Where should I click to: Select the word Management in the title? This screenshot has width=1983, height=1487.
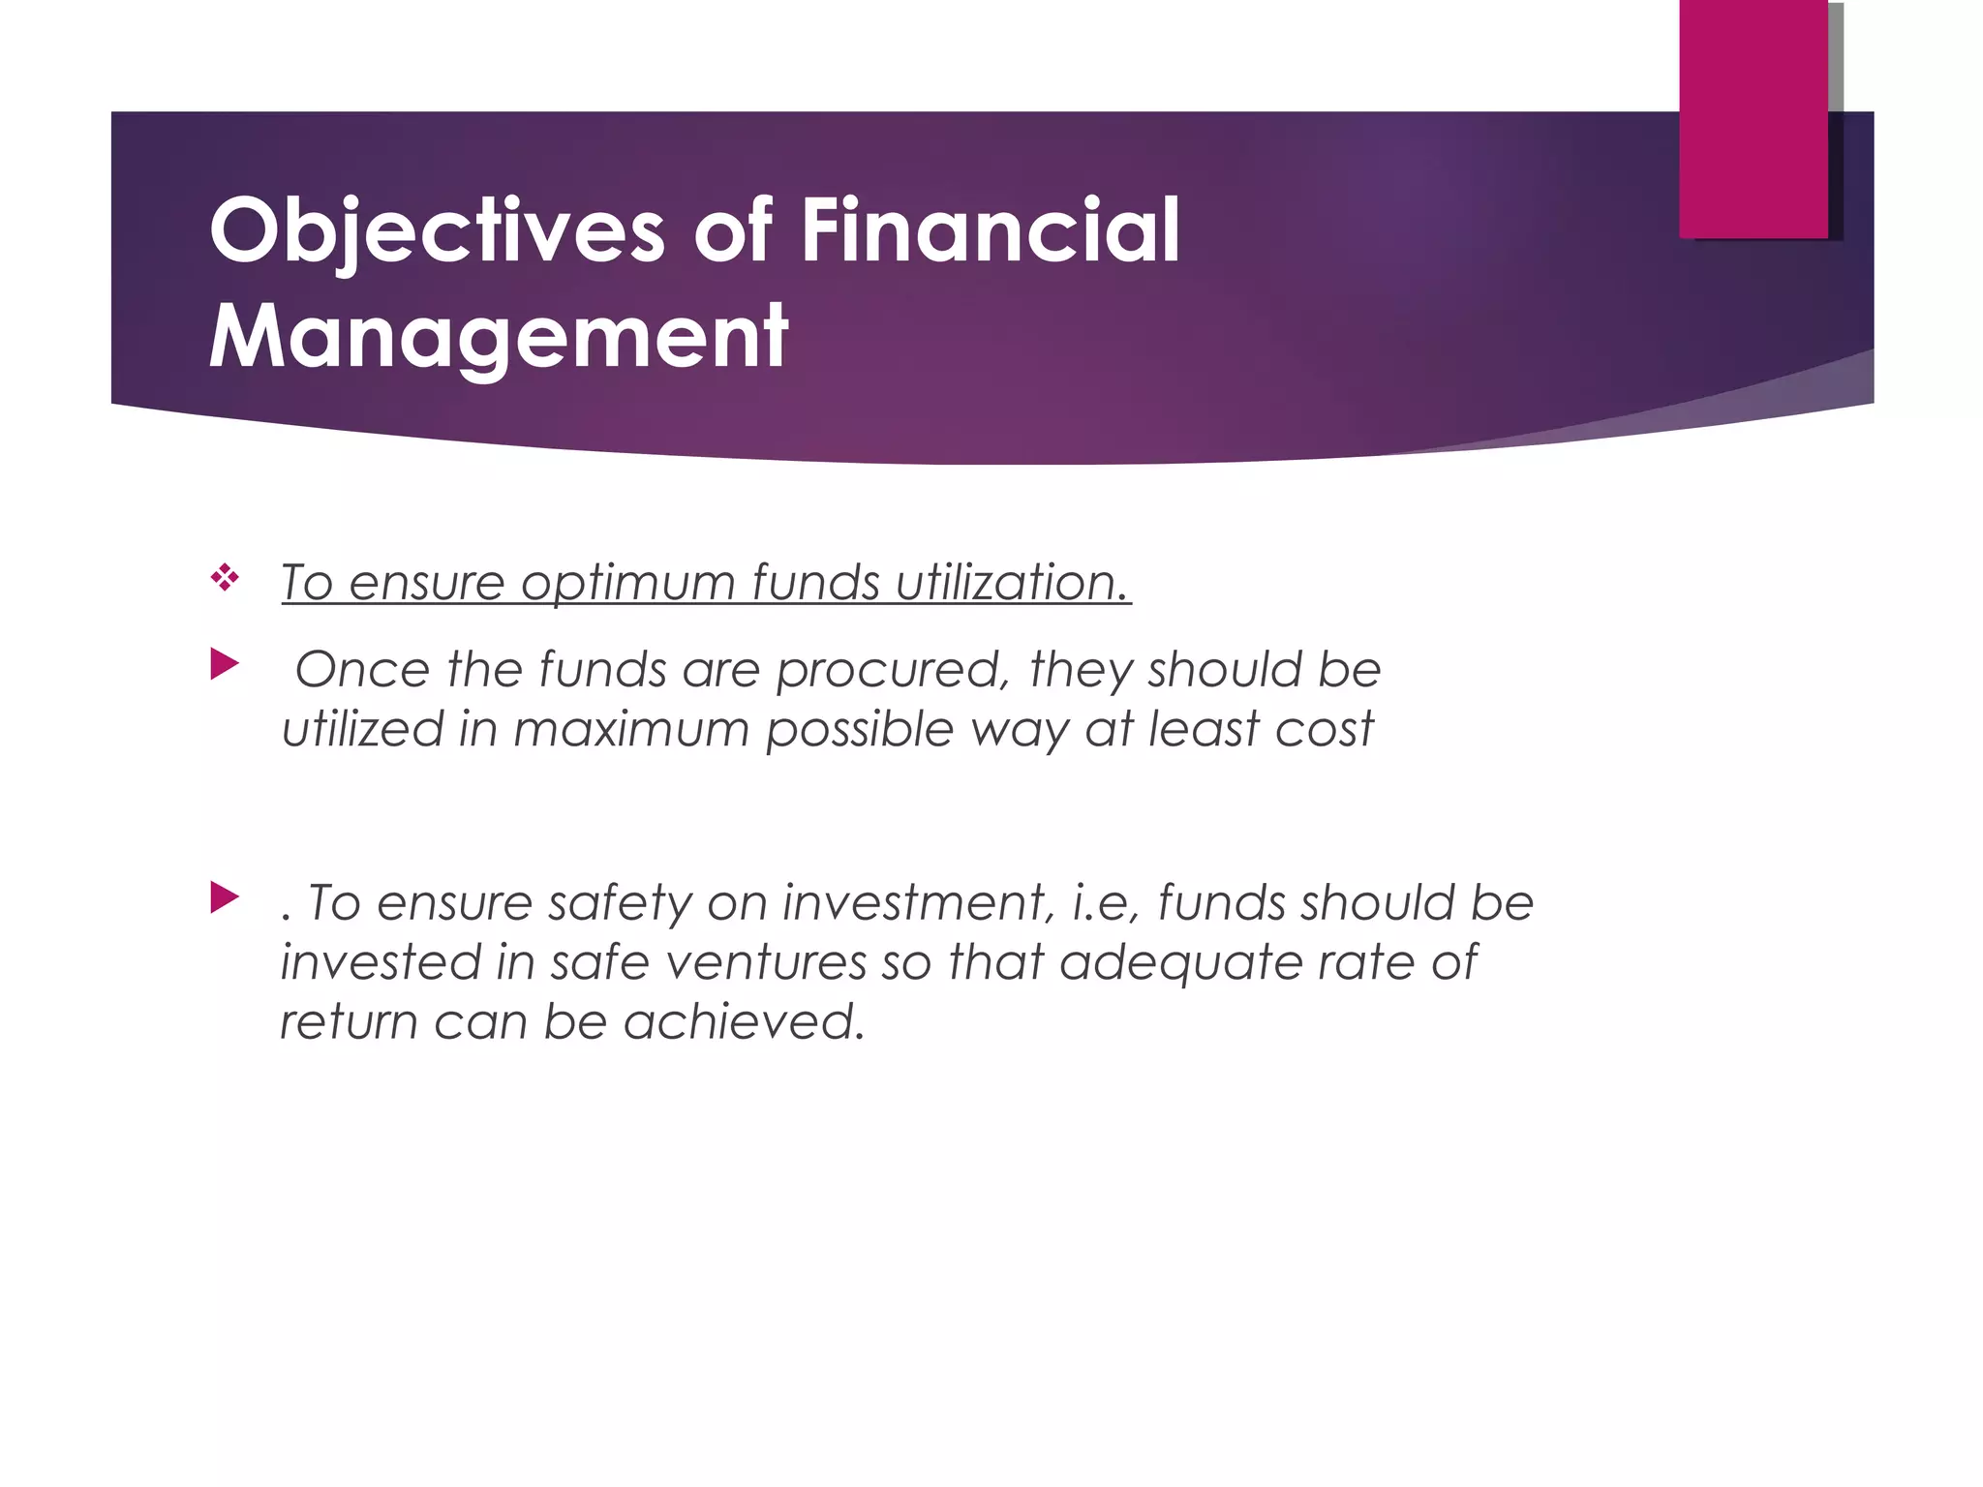[499, 337]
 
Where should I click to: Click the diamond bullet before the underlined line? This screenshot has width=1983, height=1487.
[225, 579]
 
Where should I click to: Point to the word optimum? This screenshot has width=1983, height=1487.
[628, 584]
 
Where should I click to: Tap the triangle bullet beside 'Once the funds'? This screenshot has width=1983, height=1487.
[225, 665]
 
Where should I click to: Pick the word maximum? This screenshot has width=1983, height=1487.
[631, 729]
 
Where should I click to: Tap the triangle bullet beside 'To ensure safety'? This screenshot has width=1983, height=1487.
[225, 897]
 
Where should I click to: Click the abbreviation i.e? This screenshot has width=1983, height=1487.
[1107, 902]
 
